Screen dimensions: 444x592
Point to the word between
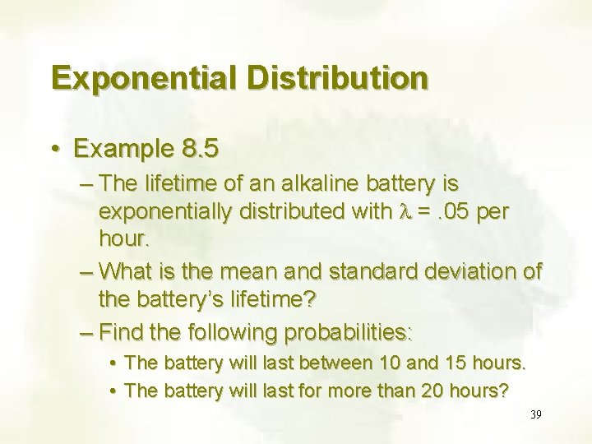(337, 362)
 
